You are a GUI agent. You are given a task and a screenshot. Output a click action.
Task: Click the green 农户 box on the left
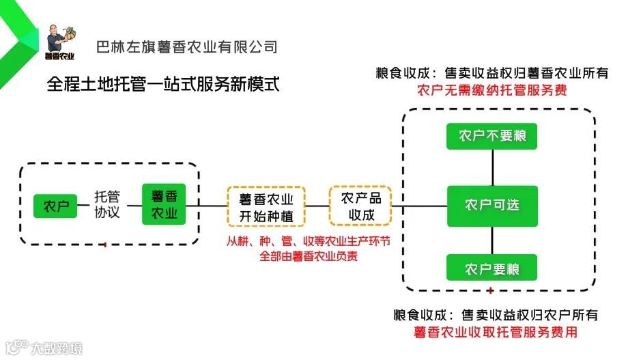pyautogui.click(x=57, y=206)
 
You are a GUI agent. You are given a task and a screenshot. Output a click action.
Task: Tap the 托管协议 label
pyautogui.click(x=107, y=205)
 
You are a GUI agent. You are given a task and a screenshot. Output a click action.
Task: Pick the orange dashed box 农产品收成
pyautogui.click(x=361, y=206)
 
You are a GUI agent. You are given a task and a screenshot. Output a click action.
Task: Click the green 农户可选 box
pyautogui.click(x=491, y=206)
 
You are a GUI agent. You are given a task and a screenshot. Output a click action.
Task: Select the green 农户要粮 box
pyautogui.click(x=491, y=268)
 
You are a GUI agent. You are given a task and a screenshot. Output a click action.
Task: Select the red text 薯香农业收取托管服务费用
pyautogui.click(x=496, y=333)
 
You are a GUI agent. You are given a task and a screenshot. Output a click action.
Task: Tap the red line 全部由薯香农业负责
pyautogui.click(x=309, y=256)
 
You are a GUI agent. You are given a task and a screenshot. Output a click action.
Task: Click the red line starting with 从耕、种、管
pyautogui.click(x=309, y=242)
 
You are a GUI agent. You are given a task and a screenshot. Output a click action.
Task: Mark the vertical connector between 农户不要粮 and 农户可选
pyautogui.click(x=492, y=167)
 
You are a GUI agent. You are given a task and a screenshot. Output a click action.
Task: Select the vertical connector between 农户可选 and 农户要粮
pyautogui.click(x=492, y=240)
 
